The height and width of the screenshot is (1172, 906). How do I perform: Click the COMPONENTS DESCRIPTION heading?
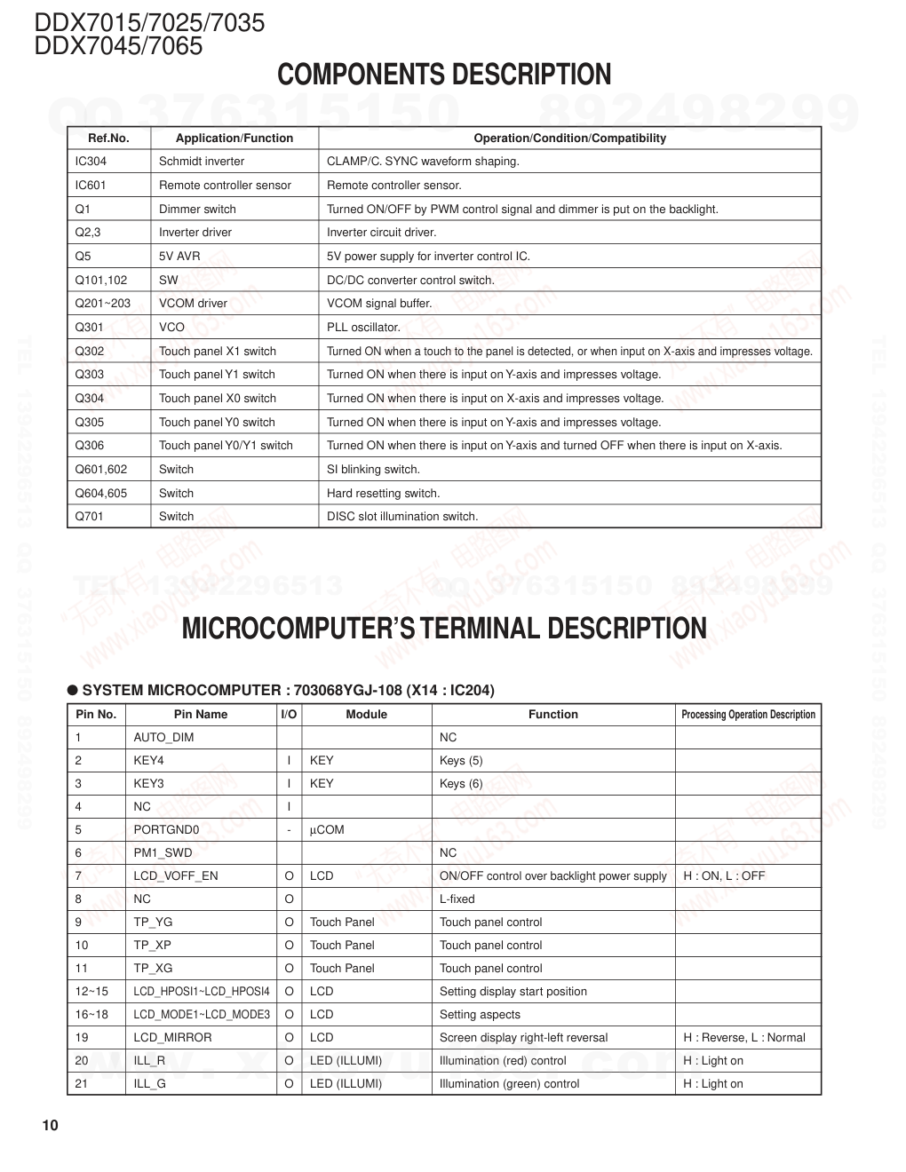pos(444,75)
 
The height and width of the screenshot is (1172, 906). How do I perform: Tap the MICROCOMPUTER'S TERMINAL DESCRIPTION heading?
pos(444,629)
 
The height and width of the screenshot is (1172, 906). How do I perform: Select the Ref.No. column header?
pos(108,138)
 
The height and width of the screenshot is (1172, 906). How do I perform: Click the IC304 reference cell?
pos(91,162)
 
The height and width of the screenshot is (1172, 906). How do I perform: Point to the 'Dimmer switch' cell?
pos(197,210)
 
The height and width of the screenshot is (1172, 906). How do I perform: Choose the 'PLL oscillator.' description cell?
pos(363,328)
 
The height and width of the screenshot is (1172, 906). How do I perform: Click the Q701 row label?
pos(90,517)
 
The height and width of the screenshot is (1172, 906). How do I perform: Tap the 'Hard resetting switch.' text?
pos(383,494)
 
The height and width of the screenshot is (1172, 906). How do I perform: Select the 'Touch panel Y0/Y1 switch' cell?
pos(226,446)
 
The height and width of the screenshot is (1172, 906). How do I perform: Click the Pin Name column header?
pos(201,715)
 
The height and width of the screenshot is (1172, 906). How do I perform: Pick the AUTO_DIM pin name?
pos(163,738)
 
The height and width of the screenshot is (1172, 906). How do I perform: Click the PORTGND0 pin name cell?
pos(166,830)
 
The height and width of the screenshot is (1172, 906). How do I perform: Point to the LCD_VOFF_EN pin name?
pos(175,876)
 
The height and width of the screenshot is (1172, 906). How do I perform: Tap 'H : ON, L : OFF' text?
pos(724,876)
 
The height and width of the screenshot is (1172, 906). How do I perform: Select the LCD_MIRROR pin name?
pos(172,1038)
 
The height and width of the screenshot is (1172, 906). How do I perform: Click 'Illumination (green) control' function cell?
pos(509,1084)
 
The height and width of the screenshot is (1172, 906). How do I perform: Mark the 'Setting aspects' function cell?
pos(480,1015)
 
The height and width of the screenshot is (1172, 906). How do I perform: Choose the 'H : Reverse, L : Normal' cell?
pos(744,1038)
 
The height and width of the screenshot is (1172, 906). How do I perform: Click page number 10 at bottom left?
pos(50,1126)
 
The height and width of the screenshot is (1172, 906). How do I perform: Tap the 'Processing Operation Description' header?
pos(748,715)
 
